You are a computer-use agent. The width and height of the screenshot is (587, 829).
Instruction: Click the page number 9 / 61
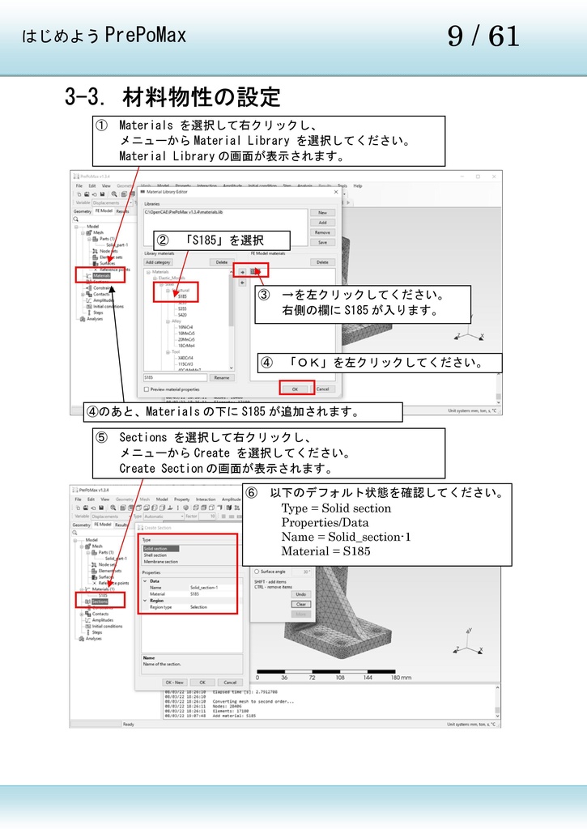[483, 36]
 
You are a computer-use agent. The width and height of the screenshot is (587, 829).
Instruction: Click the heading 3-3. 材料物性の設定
[172, 98]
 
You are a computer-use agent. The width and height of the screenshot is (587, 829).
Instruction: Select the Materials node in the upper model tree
[101, 275]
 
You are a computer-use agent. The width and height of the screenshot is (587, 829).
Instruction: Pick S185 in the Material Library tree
[182, 296]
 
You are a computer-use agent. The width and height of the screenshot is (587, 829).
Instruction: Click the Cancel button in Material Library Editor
[323, 389]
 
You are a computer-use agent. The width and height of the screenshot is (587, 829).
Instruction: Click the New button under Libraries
[322, 212]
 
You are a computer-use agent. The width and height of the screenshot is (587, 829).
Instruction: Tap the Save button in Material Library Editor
[322, 242]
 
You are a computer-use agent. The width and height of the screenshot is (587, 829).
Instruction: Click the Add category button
[158, 262]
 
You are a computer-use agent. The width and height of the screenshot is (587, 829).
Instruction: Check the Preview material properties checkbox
[147, 389]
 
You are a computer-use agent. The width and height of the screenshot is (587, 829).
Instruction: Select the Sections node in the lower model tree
[100, 602]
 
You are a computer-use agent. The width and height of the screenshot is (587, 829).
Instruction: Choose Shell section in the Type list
[155, 555]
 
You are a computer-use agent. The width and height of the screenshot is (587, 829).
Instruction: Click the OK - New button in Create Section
[175, 682]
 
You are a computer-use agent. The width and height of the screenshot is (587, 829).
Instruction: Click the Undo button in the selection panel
[301, 594]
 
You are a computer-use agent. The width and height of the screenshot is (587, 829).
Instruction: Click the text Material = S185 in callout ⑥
[325, 551]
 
